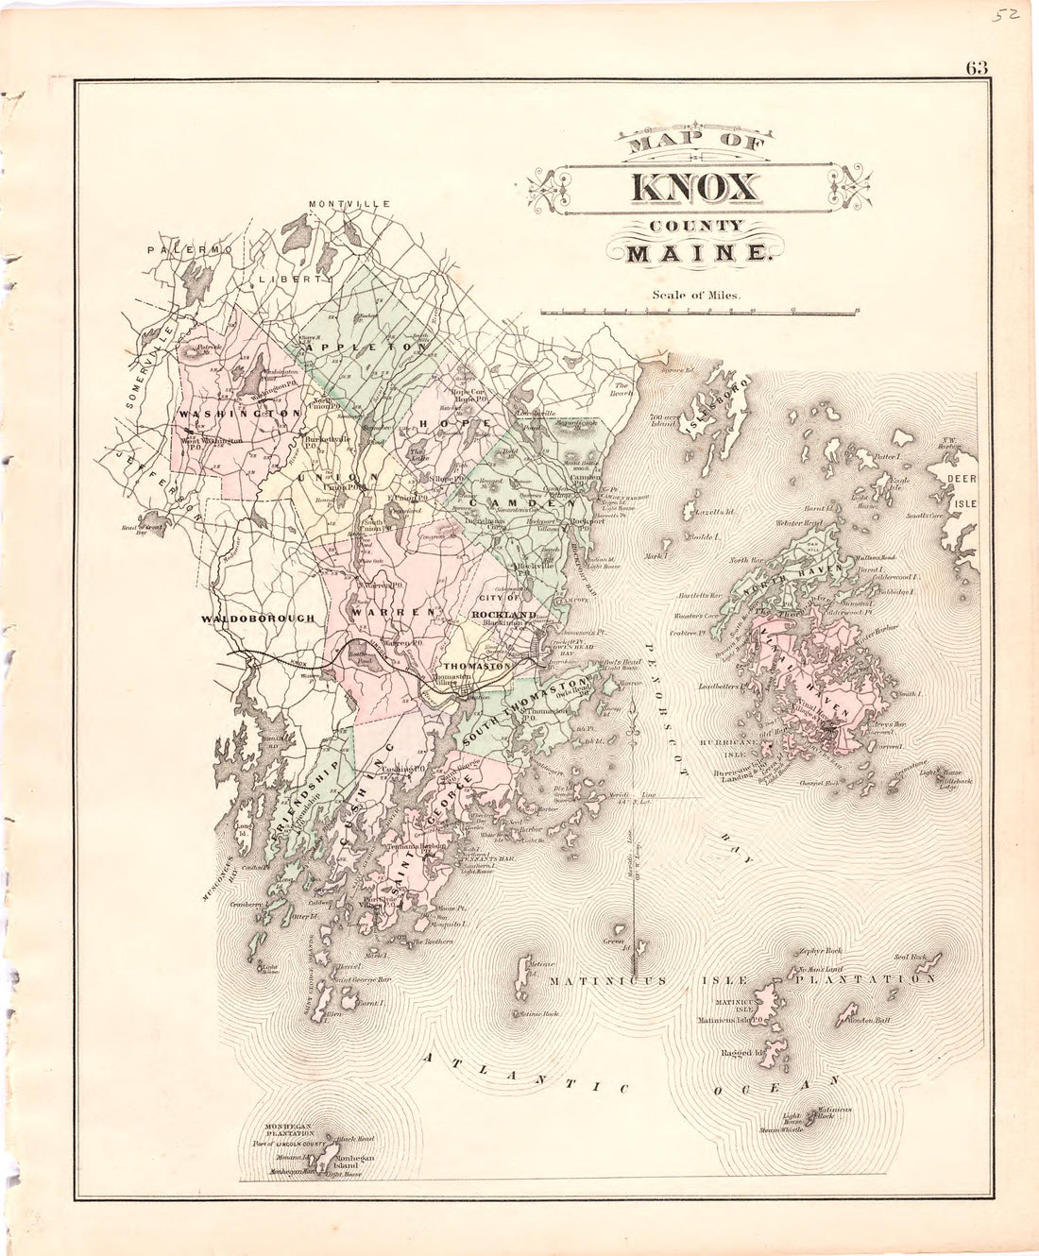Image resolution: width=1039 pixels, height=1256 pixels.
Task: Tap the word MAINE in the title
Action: click(x=693, y=254)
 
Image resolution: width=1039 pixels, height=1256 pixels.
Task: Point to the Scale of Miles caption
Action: click(x=697, y=294)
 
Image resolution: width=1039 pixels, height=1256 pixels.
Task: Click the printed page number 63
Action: click(x=977, y=67)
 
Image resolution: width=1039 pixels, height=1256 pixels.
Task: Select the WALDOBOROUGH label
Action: click(x=257, y=618)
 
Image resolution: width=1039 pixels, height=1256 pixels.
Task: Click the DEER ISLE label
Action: click(x=964, y=490)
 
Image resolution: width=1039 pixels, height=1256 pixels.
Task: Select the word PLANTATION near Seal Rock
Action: click(x=865, y=979)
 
